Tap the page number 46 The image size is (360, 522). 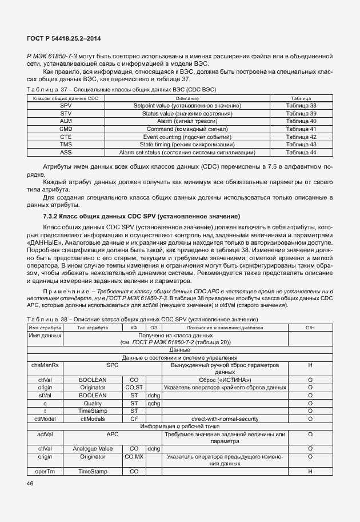[x=30, y=484]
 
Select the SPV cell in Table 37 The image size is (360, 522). [x=66, y=106]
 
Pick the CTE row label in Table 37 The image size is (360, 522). [x=66, y=137]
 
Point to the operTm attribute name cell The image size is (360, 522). [x=45, y=471]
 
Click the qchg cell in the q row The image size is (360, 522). [x=154, y=403]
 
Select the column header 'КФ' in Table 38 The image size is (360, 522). [x=134, y=327]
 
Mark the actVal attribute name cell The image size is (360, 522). [x=45, y=434]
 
